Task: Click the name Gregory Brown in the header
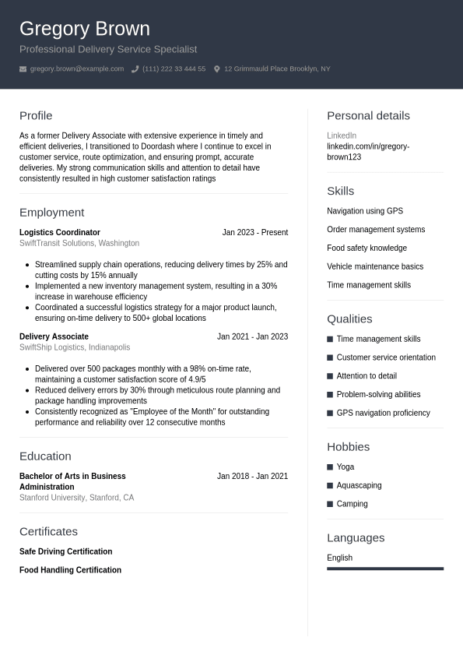point(84,29)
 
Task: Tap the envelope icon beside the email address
point(23,69)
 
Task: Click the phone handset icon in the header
point(135,69)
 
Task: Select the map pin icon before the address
point(217,69)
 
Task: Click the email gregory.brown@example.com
point(76,69)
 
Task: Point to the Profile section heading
point(36,115)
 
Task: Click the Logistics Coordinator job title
point(60,232)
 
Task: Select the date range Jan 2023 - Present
point(254,232)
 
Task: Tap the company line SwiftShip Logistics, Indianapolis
point(75,347)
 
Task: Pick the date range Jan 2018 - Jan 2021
point(252,476)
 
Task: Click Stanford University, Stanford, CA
point(76,498)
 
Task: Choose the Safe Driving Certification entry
point(65,551)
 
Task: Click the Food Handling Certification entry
point(70,570)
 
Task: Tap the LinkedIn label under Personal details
point(342,136)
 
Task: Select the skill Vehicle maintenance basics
point(375,266)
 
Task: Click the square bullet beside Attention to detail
point(330,376)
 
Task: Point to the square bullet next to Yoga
point(330,467)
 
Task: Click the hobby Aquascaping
point(359,485)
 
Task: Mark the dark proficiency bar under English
point(385,569)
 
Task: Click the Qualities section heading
point(349,319)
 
